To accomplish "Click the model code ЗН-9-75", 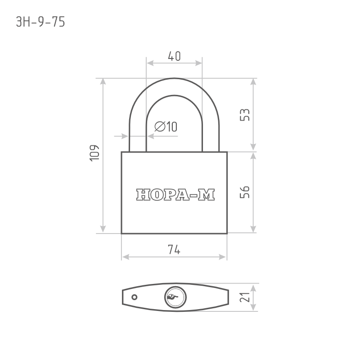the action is (x=40, y=22).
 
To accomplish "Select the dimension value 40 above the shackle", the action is (x=174, y=56).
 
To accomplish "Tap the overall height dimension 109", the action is (x=94, y=153).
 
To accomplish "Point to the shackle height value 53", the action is (x=244, y=115).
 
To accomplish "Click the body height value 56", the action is (x=244, y=192).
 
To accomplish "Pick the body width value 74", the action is (x=174, y=250).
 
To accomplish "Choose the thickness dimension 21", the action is (x=244, y=297).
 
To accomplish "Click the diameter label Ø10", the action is (x=166, y=126).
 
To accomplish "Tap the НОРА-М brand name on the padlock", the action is (x=175, y=195).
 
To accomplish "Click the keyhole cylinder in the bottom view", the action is (x=175, y=297).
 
